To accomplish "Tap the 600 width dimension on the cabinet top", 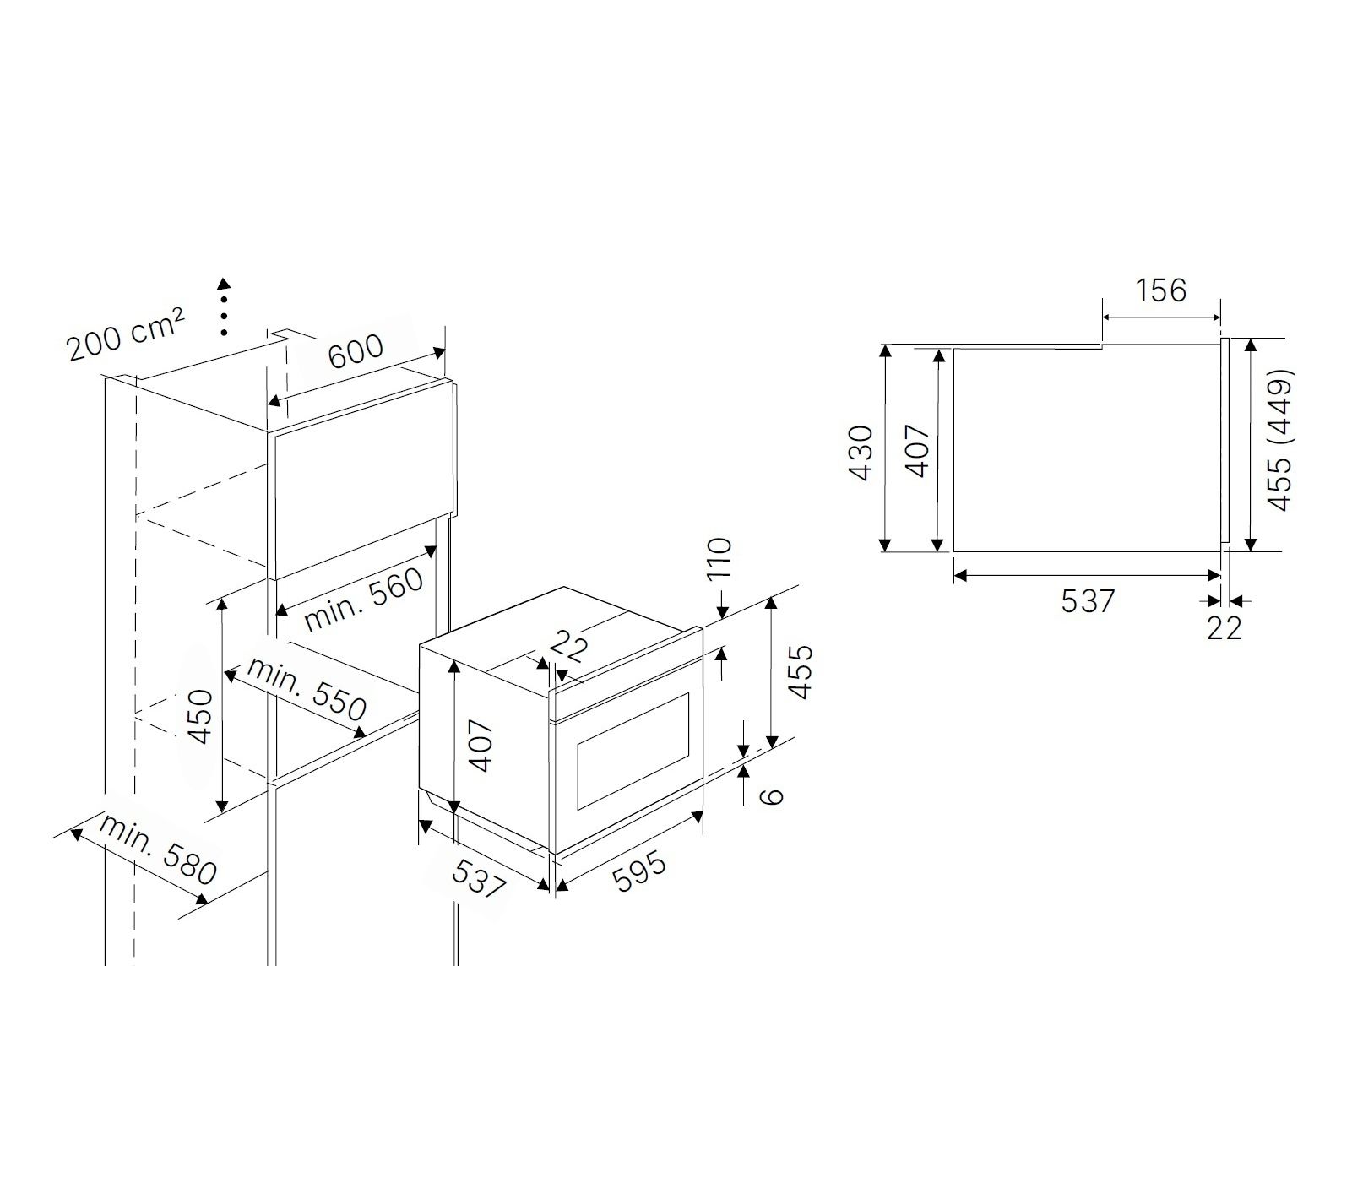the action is (x=356, y=350).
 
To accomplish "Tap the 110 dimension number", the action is (x=719, y=558).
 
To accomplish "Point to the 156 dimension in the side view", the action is (x=1161, y=290).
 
